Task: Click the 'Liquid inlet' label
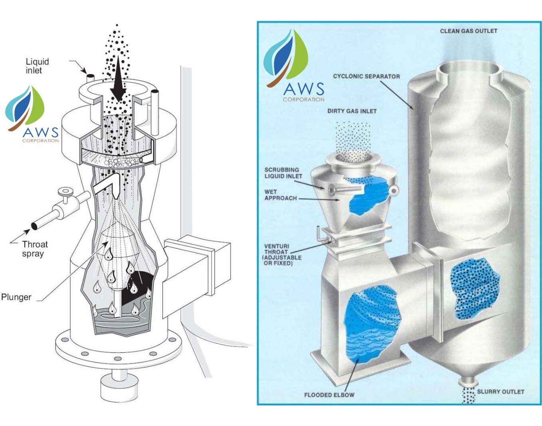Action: coord(37,66)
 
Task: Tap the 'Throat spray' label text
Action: coord(34,249)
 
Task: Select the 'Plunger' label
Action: coord(16,297)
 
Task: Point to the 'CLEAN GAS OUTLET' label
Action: coord(469,31)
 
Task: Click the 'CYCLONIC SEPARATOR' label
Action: coord(366,76)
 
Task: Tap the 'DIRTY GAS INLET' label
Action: coord(352,111)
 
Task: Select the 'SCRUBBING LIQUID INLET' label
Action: coord(283,173)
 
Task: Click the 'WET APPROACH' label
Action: coord(280,195)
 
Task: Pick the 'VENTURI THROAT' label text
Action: coord(282,254)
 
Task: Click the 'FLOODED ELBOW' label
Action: coord(329,395)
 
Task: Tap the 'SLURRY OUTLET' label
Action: coord(500,392)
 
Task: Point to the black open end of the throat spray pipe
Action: coord(34,226)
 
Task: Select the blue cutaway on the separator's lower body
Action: coord(474,287)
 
